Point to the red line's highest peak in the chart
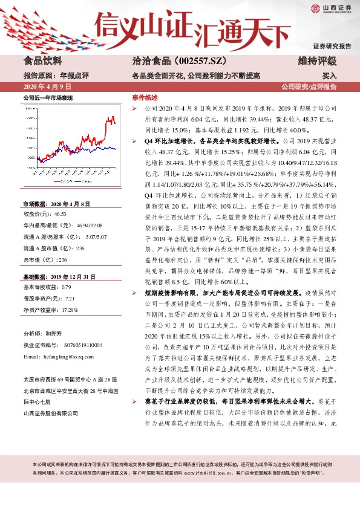pos(111,117)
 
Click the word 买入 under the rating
pos(330,76)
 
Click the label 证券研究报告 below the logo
pos(332,46)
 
